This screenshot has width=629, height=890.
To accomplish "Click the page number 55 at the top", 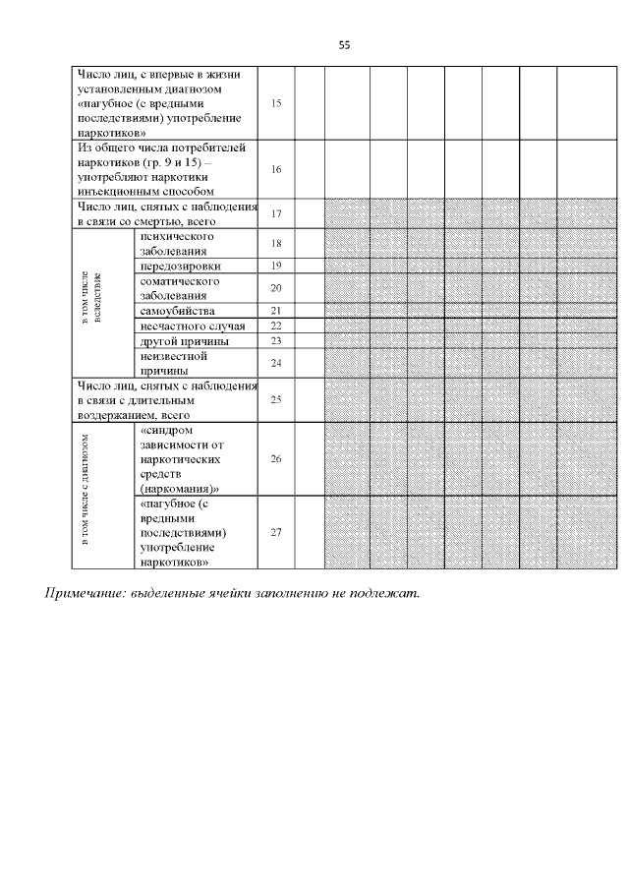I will coord(344,45).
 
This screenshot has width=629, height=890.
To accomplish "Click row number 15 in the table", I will coord(276,103).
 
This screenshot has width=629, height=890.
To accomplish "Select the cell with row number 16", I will coord(276,169).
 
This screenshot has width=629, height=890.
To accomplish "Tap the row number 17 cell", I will coord(276,213).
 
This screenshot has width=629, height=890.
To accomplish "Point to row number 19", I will coord(276,267).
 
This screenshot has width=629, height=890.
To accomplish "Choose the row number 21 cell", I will coord(276,311).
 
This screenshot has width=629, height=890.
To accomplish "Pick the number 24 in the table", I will coord(276,363).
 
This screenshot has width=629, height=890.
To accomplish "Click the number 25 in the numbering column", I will coord(276,400).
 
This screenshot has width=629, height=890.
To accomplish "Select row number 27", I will coord(276,532).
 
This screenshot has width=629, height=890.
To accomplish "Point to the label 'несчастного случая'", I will coord(192,326).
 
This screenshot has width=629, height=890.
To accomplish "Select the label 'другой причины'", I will coord(185,341).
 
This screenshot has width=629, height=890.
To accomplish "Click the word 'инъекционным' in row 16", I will coord(116,192).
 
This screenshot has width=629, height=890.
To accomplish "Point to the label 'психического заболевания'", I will coord(177,244).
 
